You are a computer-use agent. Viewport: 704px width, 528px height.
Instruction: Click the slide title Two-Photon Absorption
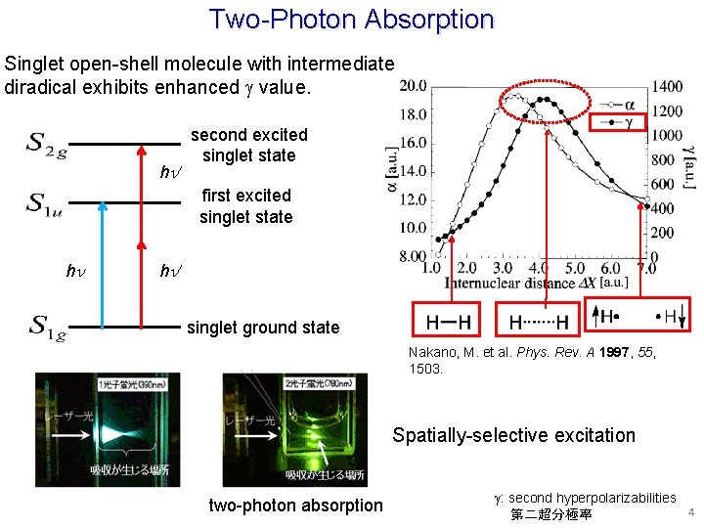[351, 19]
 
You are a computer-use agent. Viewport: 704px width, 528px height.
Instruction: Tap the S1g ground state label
[47, 327]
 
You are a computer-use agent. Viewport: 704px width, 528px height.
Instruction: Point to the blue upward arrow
[100, 264]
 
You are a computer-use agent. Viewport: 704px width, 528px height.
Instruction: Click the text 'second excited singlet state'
[248, 145]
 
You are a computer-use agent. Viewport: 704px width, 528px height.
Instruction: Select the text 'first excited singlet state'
[246, 205]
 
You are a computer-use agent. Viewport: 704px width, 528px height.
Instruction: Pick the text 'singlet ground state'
[263, 328]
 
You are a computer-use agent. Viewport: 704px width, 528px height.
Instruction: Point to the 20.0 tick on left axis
[412, 86]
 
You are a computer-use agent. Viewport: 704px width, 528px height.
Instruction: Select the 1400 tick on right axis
[669, 87]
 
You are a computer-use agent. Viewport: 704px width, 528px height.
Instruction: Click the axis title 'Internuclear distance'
[508, 284]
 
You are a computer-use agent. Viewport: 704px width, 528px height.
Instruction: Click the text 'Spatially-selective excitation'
[513, 436]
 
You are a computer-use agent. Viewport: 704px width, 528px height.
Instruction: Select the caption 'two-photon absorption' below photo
[296, 506]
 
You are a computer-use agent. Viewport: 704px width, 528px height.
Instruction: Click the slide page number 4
[689, 512]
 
